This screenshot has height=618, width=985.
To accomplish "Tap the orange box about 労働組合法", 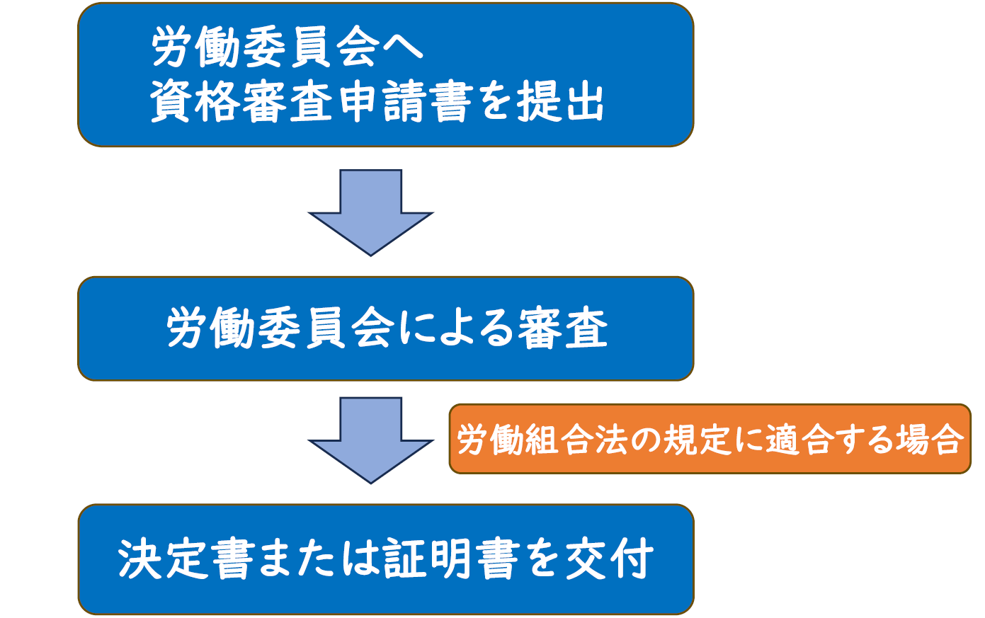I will pyautogui.click(x=710, y=439).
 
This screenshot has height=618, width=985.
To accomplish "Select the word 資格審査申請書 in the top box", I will pyautogui.click(x=311, y=102).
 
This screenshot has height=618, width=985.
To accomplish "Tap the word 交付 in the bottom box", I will pyautogui.click(x=610, y=559).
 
